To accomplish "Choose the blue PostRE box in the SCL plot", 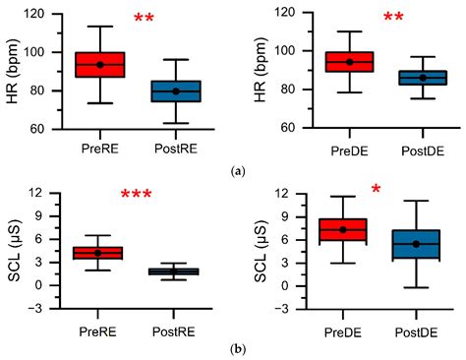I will [176, 271].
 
